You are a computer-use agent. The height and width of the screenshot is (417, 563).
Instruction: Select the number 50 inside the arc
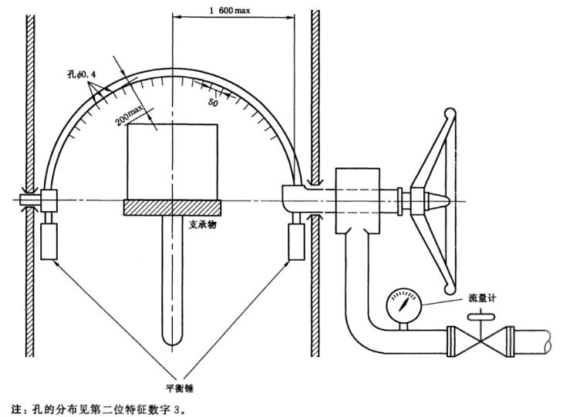point(214,102)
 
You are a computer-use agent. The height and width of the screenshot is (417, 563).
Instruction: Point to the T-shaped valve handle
point(479,314)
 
